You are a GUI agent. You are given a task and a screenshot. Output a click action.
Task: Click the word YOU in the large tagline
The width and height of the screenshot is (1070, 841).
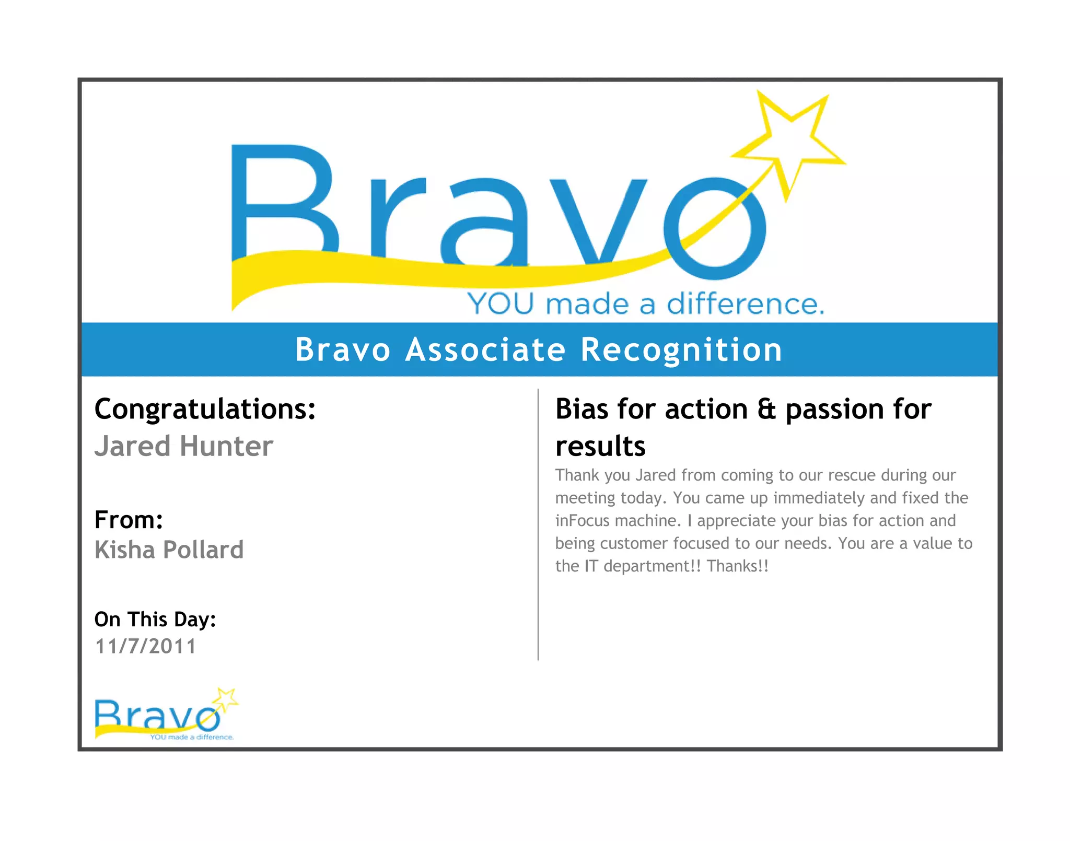pyautogui.click(x=501, y=304)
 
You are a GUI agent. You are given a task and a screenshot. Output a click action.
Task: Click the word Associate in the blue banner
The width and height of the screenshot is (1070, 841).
pyautogui.click(x=485, y=349)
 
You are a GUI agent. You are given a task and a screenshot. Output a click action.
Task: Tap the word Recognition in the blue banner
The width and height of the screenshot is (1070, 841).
pyautogui.click(x=681, y=349)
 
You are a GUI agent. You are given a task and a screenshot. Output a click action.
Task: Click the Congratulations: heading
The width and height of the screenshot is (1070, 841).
pyautogui.click(x=205, y=409)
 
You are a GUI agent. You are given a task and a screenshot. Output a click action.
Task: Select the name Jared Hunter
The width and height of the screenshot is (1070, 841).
pyautogui.click(x=183, y=447)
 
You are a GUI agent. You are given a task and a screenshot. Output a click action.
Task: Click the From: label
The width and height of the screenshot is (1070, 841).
pyautogui.click(x=129, y=520)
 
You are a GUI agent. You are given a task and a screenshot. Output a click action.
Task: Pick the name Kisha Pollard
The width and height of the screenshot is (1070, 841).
pyautogui.click(x=169, y=550)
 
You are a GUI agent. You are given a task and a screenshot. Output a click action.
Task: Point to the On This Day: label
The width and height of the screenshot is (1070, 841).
pyautogui.click(x=155, y=620)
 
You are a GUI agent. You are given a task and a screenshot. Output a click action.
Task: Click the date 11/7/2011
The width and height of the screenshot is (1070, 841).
pyautogui.click(x=145, y=647)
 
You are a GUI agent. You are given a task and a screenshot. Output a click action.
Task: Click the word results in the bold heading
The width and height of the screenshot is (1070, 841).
pyautogui.click(x=600, y=447)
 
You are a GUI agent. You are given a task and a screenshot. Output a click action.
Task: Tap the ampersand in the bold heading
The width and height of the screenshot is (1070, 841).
pyautogui.click(x=766, y=409)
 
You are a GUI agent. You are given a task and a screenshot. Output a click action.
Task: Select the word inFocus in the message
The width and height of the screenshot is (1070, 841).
pyautogui.click(x=582, y=521)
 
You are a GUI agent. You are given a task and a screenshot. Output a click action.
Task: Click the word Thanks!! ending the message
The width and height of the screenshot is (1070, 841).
pyautogui.click(x=737, y=566)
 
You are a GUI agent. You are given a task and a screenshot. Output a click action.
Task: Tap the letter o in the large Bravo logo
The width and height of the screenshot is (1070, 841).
pyautogui.click(x=714, y=228)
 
